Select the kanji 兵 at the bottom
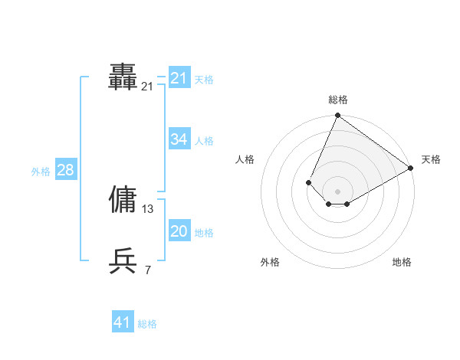(x=123, y=261)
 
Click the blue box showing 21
(x=179, y=78)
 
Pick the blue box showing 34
(x=179, y=139)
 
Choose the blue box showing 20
(x=179, y=231)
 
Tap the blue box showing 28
(x=65, y=170)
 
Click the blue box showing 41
(x=122, y=322)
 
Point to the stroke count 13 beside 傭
(x=148, y=208)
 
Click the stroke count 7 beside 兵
(x=148, y=270)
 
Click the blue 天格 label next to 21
(x=204, y=79)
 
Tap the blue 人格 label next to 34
(x=204, y=141)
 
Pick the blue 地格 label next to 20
(x=204, y=233)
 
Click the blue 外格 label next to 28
(x=41, y=172)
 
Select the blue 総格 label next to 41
(x=147, y=324)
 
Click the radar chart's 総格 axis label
(x=337, y=100)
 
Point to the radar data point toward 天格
(x=411, y=169)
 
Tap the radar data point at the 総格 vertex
(x=337, y=116)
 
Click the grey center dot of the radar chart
(x=337, y=191)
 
